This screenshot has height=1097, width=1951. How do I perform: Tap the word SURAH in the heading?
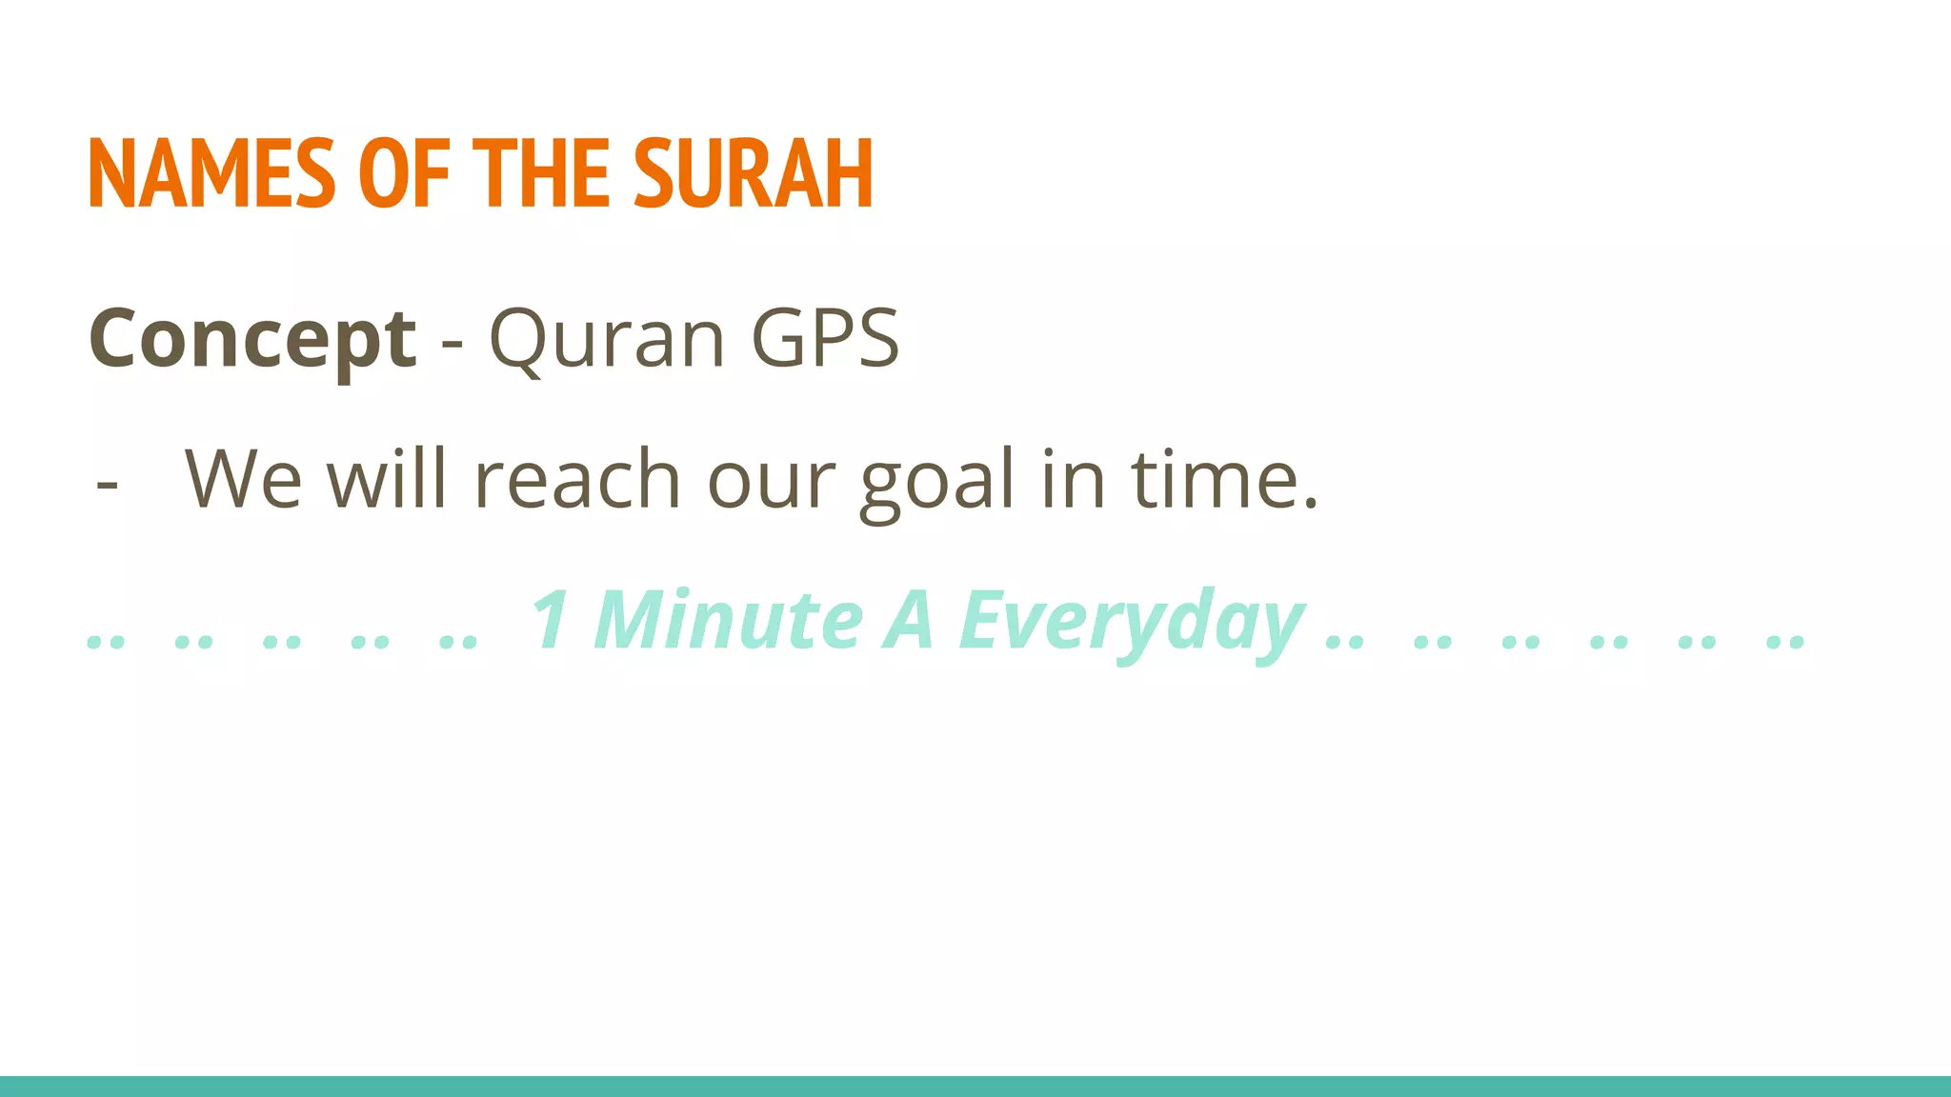tap(753, 173)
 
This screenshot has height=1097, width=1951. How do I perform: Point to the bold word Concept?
tap(252, 339)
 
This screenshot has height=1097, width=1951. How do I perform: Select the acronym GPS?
tap(825, 339)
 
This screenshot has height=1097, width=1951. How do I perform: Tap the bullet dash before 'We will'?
tap(108, 485)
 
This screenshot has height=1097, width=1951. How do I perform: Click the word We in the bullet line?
tap(243, 479)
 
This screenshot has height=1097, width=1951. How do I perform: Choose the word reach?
tap(577, 479)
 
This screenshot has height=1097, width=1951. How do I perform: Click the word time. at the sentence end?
tap(1224, 479)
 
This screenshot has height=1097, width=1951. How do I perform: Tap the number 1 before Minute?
tap(552, 620)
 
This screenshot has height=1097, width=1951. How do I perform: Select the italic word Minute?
tap(728, 620)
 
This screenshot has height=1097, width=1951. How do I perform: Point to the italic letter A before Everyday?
tap(908, 620)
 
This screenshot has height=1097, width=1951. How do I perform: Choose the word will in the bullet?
tap(387, 479)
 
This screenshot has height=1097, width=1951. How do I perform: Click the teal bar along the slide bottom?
tap(975, 1086)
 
